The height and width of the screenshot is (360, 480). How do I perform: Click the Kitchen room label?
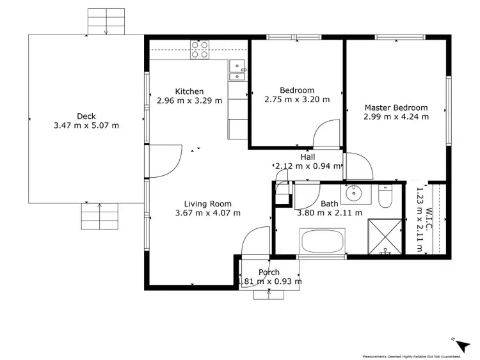pyautogui.click(x=189, y=91)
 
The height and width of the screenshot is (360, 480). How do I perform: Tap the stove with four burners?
pyautogui.click(x=200, y=49)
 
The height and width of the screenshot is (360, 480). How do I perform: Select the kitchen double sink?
pyautogui.click(x=237, y=70)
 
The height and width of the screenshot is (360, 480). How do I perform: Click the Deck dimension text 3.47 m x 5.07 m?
pyautogui.click(x=86, y=125)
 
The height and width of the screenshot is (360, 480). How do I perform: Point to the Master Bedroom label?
pyautogui.click(x=396, y=107)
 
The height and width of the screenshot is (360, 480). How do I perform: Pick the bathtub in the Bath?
pyautogui.click(x=323, y=243)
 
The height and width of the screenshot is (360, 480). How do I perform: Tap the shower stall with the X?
pyautogui.click(x=386, y=236)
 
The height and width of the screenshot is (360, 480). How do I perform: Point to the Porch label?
pyautogui.click(x=269, y=272)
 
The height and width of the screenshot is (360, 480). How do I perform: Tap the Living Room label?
pyautogui.click(x=204, y=204)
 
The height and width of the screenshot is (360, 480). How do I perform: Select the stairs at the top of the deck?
pyautogui.click(x=106, y=22)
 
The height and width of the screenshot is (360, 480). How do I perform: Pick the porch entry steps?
pyautogui.click(x=269, y=293)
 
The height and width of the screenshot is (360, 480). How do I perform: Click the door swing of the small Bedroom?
pyautogui.click(x=326, y=134)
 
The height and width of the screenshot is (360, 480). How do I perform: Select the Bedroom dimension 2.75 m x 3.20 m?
pyautogui.click(x=297, y=99)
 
